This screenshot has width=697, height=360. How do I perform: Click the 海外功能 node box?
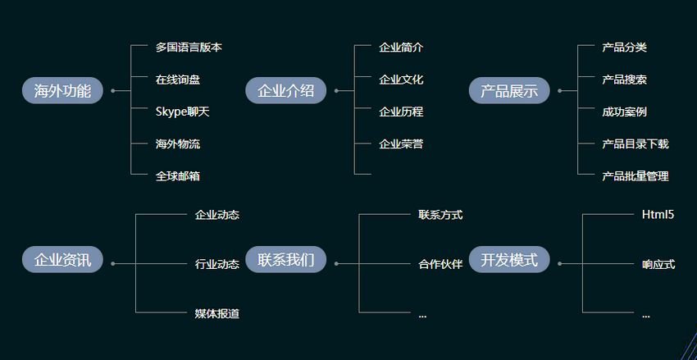(62, 90)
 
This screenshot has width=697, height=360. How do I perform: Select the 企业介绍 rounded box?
(285, 90)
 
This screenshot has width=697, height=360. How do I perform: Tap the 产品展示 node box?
(508, 90)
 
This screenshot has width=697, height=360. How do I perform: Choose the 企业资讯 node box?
(62, 260)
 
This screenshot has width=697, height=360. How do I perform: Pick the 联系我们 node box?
(285, 260)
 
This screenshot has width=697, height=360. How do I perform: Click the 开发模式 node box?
(508, 260)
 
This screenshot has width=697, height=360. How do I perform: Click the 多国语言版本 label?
(189, 48)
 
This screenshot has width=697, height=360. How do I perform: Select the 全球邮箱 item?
(177, 175)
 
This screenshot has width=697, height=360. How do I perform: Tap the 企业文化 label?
(401, 80)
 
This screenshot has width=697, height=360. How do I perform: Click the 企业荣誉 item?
(401, 144)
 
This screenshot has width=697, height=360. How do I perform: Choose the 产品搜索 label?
(624, 80)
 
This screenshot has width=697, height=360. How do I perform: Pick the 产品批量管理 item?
(635, 175)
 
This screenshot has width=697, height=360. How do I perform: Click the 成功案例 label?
(624, 112)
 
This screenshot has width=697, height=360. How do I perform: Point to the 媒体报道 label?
(216, 313)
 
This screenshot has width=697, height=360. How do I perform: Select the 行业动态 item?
(216, 264)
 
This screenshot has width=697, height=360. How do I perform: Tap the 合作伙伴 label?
(440, 264)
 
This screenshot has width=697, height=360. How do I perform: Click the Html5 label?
(658, 215)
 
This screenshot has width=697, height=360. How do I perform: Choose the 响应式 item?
(658, 264)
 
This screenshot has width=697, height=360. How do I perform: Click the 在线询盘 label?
(177, 80)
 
